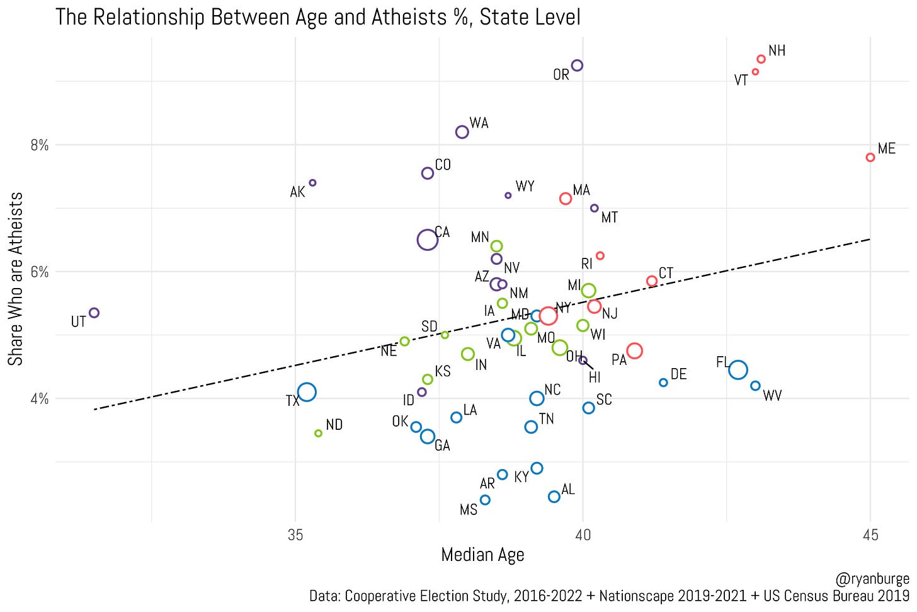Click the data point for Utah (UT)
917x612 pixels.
click(x=94, y=313)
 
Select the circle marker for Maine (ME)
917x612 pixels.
click(x=870, y=157)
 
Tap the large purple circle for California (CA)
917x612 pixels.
click(x=427, y=240)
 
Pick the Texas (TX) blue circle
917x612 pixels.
click(x=307, y=392)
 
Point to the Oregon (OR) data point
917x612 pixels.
click(x=577, y=66)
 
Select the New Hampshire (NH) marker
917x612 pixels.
click(x=761, y=59)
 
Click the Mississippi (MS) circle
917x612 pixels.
click(x=485, y=500)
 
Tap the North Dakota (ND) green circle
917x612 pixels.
click(x=318, y=433)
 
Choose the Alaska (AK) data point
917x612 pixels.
click(x=312, y=183)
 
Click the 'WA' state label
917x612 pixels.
click(x=479, y=124)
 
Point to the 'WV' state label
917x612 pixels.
click(x=772, y=396)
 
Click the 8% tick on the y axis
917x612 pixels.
click(x=40, y=145)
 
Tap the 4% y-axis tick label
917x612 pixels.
click(x=40, y=399)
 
